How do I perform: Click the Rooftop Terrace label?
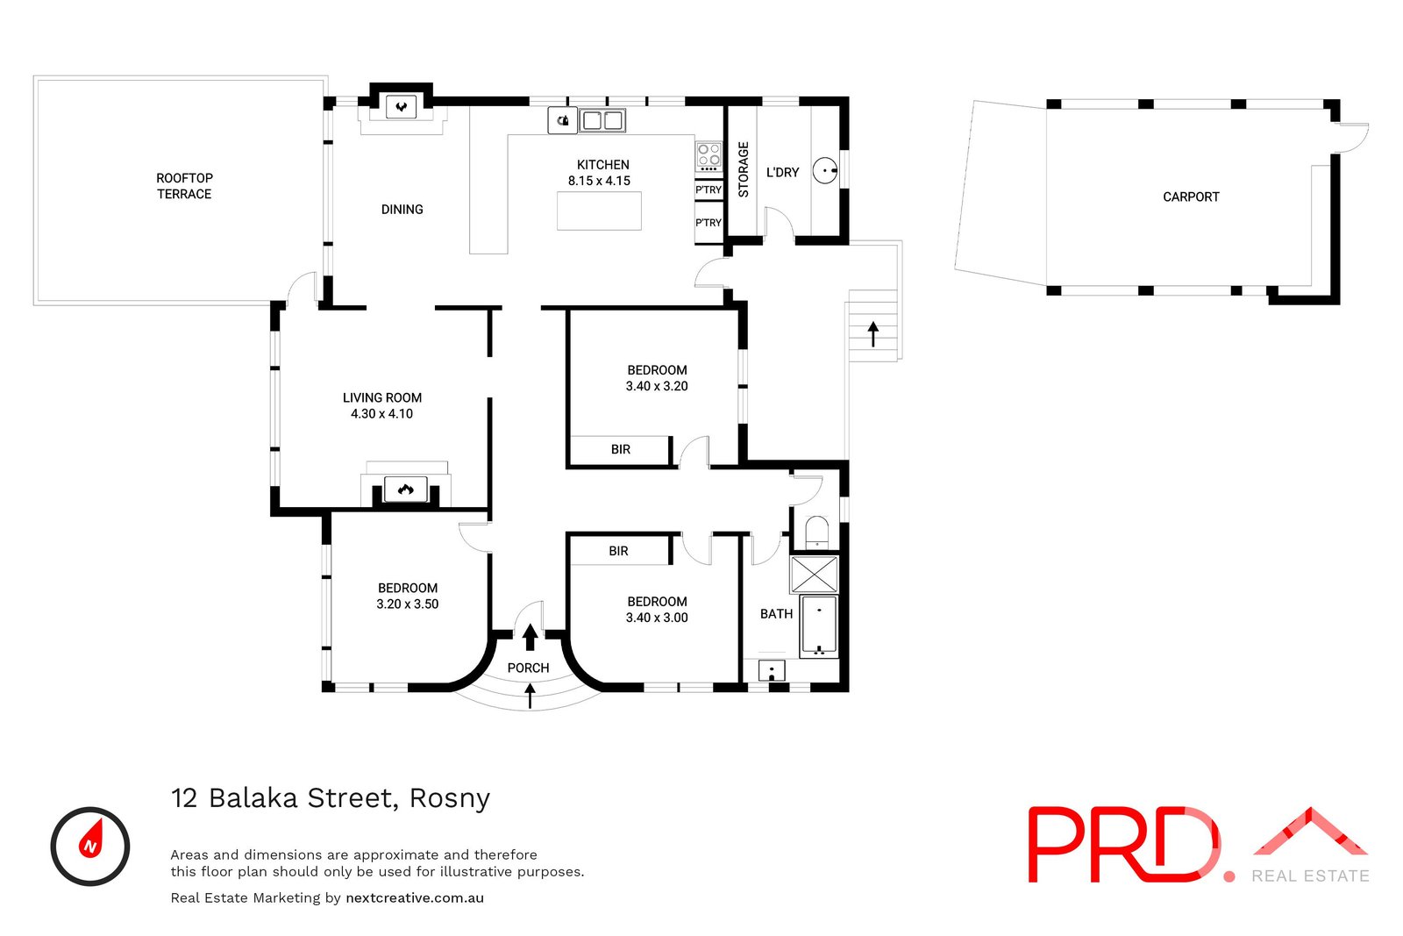pyautogui.click(x=184, y=186)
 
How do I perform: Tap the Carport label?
pyautogui.click(x=1190, y=196)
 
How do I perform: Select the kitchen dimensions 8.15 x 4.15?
pyautogui.click(x=599, y=181)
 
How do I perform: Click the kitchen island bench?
pyautogui.click(x=599, y=211)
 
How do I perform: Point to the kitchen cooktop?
pyautogui.click(x=709, y=157)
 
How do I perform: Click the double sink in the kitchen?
pyautogui.click(x=602, y=120)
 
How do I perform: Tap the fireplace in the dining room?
pyautogui.click(x=402, y=108)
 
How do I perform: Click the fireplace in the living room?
pyautogui.click(x=405, y=489)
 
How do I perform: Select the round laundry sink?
pyautogui.click(x=824, y=170)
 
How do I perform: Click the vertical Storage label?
pyautogui.click(x=744, y=169)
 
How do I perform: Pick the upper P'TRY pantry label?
pyautogui.click(x=709, y=189)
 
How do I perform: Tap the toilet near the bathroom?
pyautogui.click(x=816, y=532)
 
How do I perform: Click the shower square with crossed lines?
pyautogui.click(x=814, y=575)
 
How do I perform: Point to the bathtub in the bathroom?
pyautogui.click(x=819, y=625)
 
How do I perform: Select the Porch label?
pyautogui.click(x=528, y=668)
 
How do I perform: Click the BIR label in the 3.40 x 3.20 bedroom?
pyautogui.click(x=621, y=449)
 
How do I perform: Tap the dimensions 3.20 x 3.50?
pyautogui.click(x=407, y=604)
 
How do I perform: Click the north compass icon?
pyautogui.click(x=90, y=846)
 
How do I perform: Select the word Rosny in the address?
pyautogui.click(x=450, y=798)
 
